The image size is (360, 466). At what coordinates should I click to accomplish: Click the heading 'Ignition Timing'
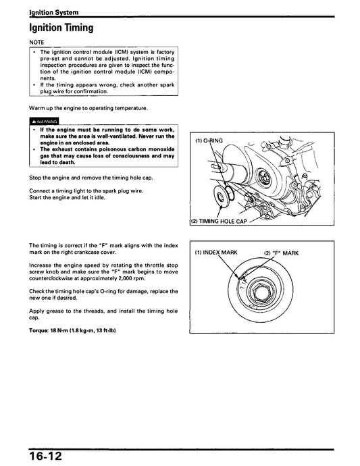[x=61, y=28]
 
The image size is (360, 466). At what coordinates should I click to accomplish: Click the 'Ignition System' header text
[x=53, y=12]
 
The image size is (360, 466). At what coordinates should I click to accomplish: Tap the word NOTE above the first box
[x=37, y=43]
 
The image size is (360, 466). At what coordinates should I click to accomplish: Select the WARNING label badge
[x=45, y=122]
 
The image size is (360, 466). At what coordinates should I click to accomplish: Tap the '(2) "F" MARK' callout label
[x=281, y=253]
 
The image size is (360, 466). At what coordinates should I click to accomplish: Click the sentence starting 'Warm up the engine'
[x=88, y=108]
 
